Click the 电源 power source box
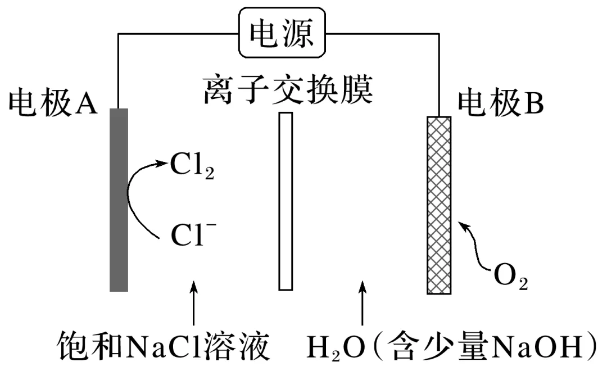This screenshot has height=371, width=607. click(282, 33)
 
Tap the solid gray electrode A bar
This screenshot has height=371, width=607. click(119, 200)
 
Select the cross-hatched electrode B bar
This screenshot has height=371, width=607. click(439, 205)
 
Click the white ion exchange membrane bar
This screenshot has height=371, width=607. click(286, 201)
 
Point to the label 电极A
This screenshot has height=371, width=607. click(53, 103)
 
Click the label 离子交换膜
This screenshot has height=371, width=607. click(288, 90)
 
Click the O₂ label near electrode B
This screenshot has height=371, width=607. click(510, 277)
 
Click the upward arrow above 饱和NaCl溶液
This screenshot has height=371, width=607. click(193, 302)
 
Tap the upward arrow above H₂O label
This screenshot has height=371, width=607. click(363, 303)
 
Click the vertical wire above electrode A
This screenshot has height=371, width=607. click(118, 71)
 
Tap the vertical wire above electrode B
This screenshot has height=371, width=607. click(439, 75)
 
